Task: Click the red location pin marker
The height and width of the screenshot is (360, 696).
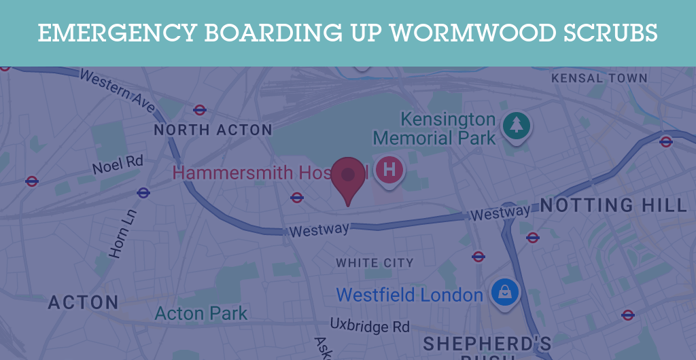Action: tap(348, 178)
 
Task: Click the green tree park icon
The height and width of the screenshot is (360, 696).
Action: tap(517, 124)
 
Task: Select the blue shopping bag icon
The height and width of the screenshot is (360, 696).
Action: tap(506, 292)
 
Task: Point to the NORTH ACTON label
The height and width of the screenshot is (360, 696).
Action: tap(213, 130)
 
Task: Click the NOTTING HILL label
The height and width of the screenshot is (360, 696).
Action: tap(613, 205)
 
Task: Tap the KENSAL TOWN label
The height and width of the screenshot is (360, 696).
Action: tap(599, 78)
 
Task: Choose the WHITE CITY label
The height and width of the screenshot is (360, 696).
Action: tap(375, 262)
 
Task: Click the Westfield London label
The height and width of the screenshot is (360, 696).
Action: tap(409, 295)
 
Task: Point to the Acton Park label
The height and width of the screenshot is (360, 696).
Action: tap(201, 313)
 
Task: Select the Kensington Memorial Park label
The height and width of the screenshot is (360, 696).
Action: tap(435, 129)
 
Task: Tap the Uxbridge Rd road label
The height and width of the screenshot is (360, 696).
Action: tap(370, 325)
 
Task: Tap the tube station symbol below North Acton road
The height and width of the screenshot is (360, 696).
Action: tap(143, 193)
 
